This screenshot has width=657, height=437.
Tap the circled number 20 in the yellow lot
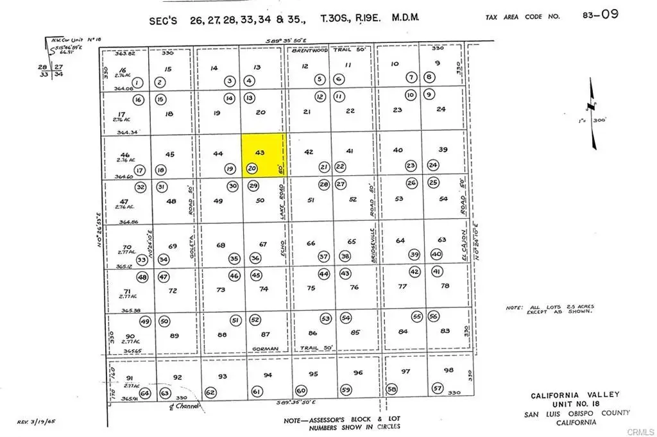252,169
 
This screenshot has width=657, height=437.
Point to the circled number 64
145,393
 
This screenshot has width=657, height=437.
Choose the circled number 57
438,388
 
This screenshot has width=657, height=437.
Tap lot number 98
448,370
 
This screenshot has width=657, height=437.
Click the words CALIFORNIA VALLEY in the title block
566,396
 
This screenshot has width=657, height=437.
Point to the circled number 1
139,82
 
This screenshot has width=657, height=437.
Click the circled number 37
324,257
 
